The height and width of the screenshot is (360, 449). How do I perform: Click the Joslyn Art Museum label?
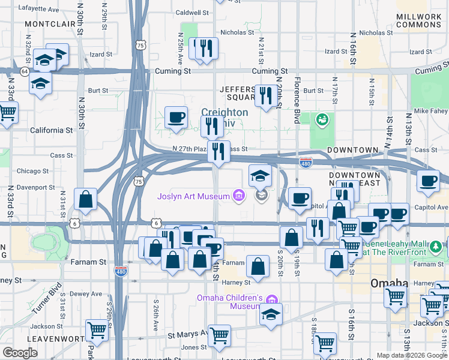coord(193,196)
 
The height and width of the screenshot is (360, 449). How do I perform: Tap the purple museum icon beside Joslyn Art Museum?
coord(238,196)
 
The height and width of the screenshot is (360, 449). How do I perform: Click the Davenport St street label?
coord(35,187)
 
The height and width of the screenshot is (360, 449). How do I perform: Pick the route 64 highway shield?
coord(24,71)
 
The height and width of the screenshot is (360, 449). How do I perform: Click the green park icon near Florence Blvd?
coord(322,120)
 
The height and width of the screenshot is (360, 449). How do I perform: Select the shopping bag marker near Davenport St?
coord(86,199)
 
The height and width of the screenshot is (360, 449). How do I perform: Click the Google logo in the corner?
coord(20,352)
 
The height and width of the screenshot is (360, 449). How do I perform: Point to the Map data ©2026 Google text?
coord(412,355)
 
